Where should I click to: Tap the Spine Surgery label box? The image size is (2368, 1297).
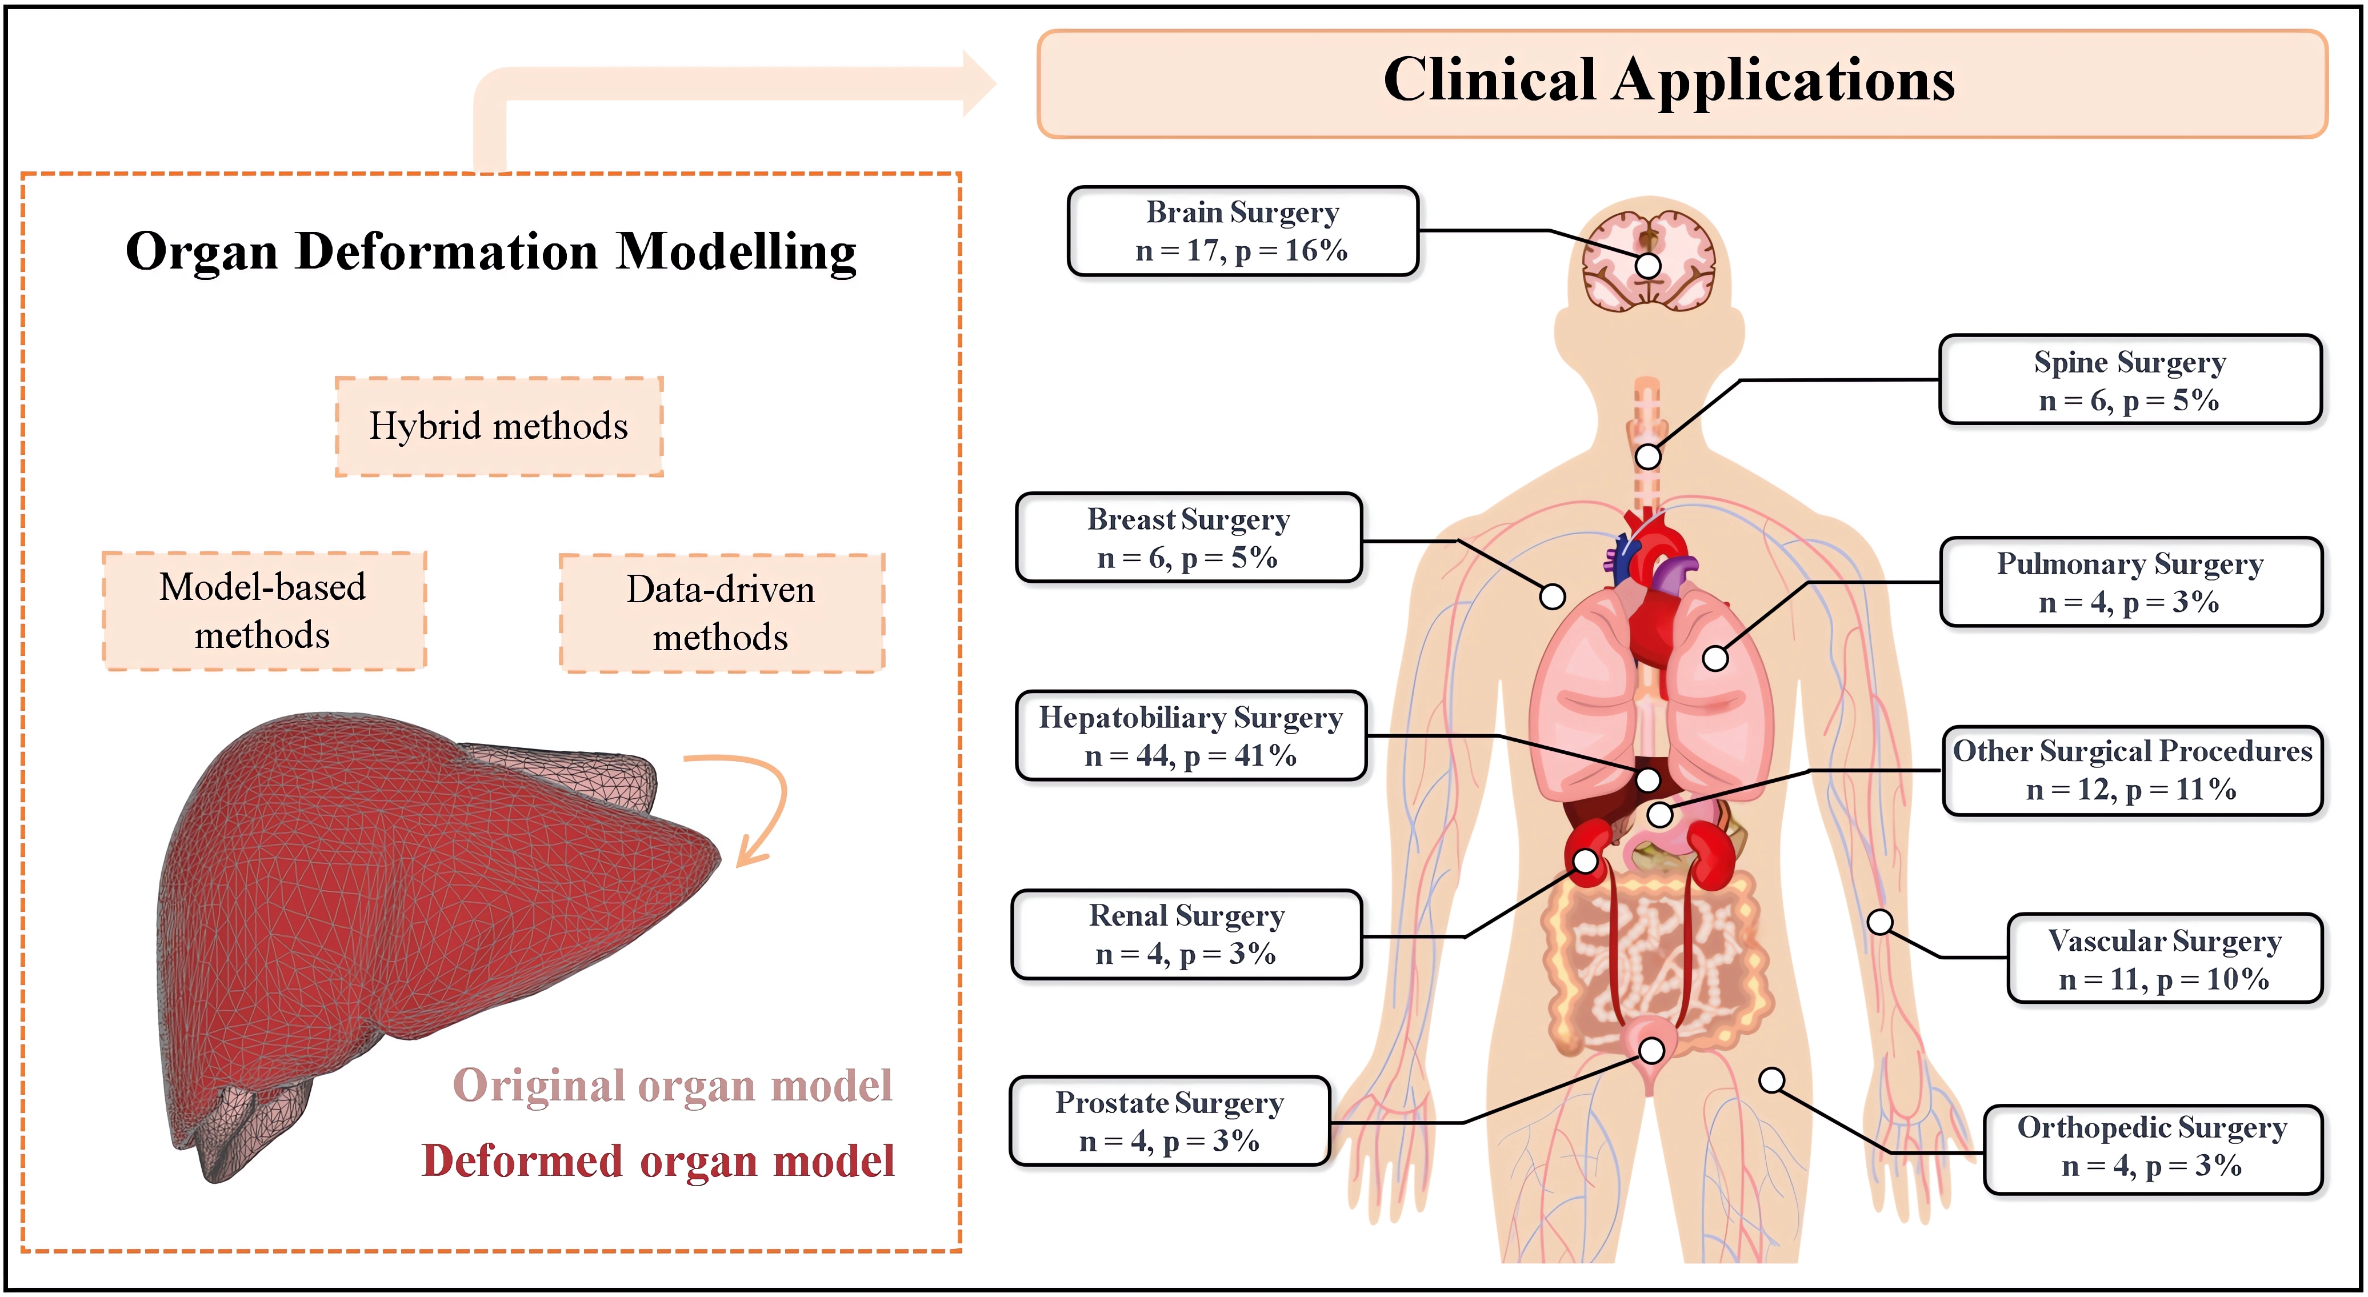[2129, 379]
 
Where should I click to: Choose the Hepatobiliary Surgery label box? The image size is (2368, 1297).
[1190, 735]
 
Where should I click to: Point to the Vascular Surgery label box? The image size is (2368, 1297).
[2164, 959]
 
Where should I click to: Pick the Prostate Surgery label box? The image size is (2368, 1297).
[1169, 1122]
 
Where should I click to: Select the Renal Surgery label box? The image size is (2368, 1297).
[1186, 934]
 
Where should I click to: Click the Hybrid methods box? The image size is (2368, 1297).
[498, 426]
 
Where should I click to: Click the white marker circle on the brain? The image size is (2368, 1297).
[1648, 266]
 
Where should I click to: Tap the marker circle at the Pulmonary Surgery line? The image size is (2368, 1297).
[1714, 658]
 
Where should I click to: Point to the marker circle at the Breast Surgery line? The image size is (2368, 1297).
[1553, 597]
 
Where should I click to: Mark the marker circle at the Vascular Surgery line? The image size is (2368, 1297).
[1880, 922]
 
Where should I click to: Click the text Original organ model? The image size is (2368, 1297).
[673, 1086]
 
